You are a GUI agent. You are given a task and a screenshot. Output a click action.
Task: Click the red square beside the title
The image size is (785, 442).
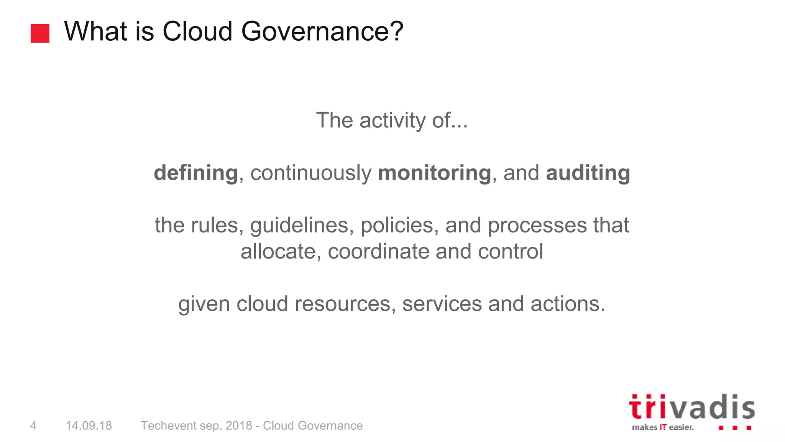(40, 33)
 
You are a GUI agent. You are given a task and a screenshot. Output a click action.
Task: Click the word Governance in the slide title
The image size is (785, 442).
(322, 31)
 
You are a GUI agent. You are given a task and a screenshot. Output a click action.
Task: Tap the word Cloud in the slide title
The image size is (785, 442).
(197, 31)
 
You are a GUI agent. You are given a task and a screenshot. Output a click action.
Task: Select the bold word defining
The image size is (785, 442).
(196, 173)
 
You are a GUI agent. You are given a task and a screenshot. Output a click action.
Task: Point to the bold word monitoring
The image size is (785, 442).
(434, 173)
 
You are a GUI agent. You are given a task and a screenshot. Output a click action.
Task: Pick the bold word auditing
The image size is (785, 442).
(588, 173)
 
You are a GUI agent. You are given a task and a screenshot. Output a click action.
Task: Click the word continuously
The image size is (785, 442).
(311, 173)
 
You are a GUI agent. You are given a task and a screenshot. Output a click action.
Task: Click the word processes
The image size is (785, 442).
(537, 225)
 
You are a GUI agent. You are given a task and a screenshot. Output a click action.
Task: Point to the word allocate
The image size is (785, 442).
(281, 252)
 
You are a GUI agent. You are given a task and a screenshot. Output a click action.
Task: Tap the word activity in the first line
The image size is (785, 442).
(392, 120)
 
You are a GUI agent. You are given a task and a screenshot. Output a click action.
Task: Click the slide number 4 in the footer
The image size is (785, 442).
(33, 426)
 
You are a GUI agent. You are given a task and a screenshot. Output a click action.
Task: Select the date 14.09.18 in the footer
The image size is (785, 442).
(89, 426)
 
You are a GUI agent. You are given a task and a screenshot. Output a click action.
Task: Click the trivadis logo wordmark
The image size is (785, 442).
(691, 407)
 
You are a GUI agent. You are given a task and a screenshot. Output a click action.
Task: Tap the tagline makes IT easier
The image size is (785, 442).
(663, 427)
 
